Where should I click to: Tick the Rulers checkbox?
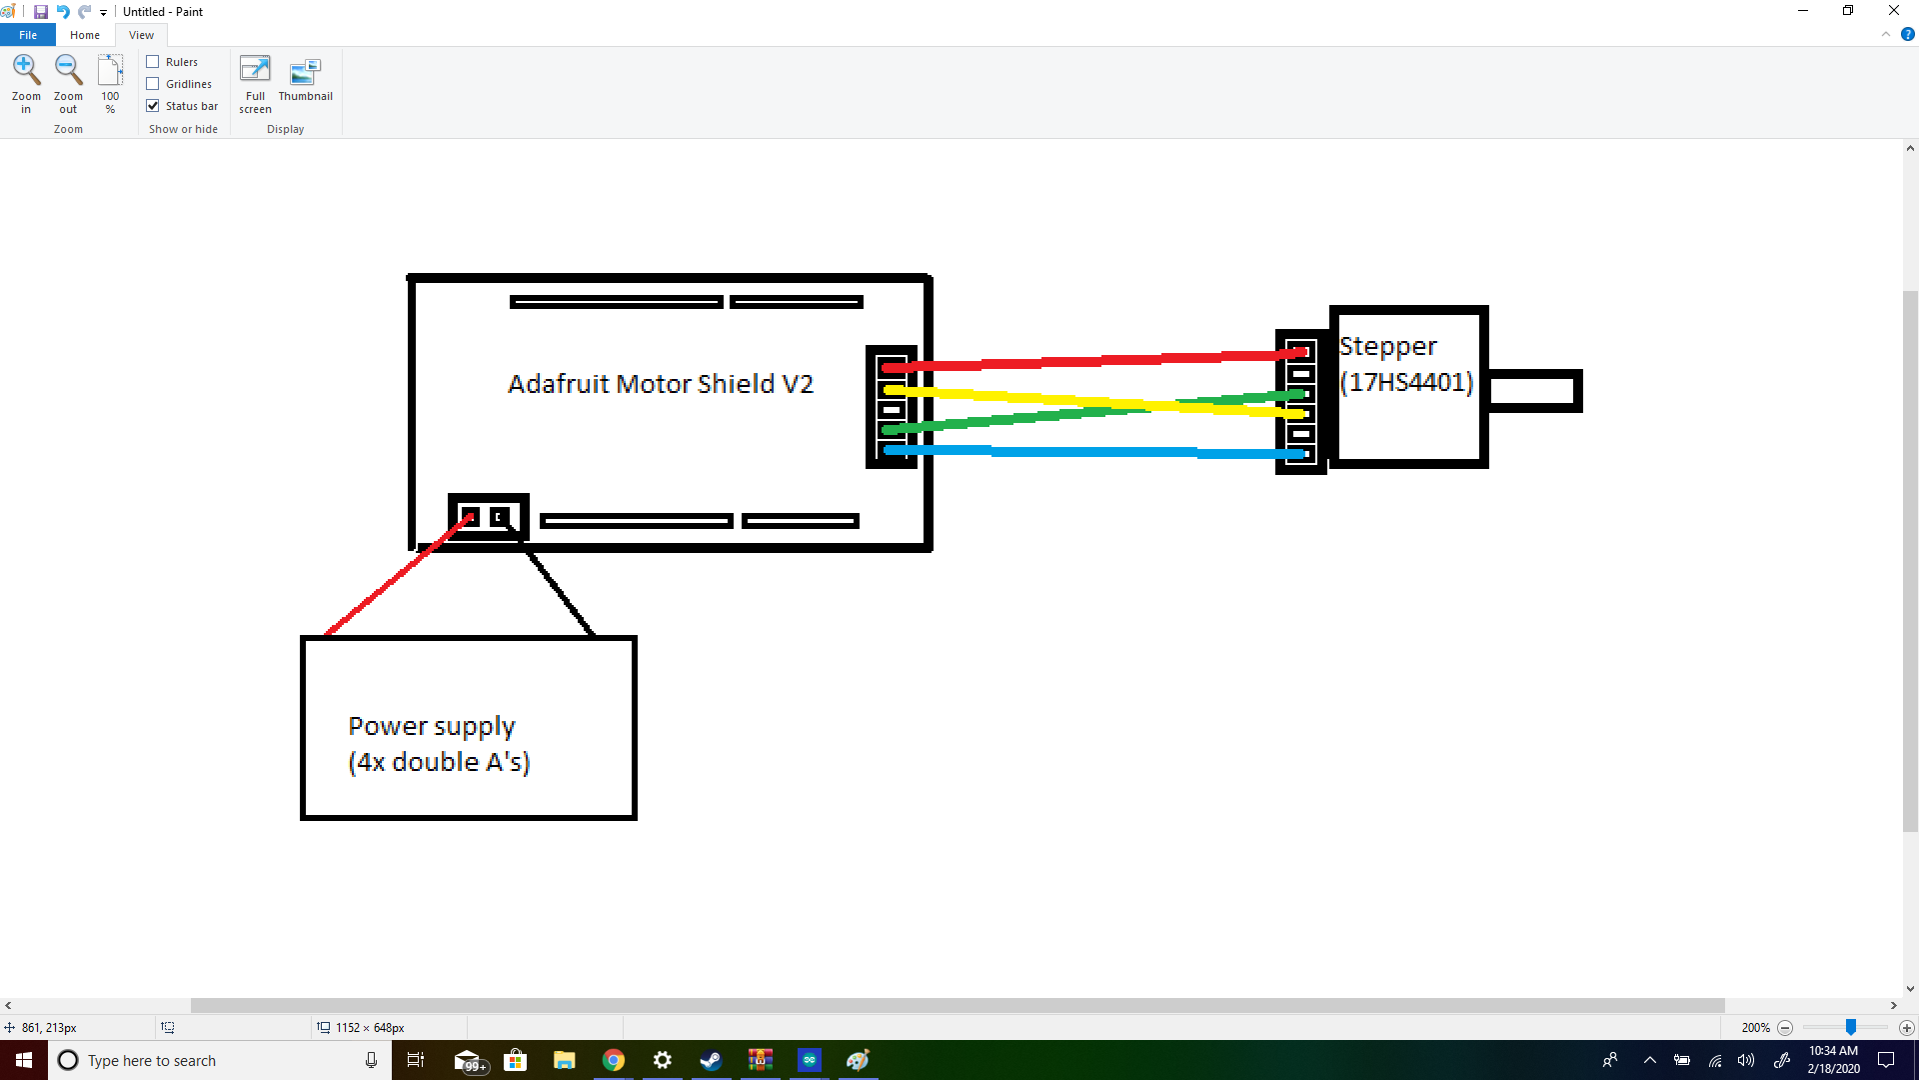pyautogui.click(x=153, y=62)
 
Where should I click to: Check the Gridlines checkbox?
pyautogui.click(x=153, y=84)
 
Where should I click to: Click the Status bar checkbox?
pyautogui.click(x=153, y=106)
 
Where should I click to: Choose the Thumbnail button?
pyautogui.click(x=305, y=80)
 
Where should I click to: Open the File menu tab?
pyautogui.click(x=28, y=35)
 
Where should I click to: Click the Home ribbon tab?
pyautogui.click(x=85, y=35)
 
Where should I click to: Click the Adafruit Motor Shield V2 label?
pyautogui.click(x=661, y=384)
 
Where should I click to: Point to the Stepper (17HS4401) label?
pyautogui.click(x=1405, y=364)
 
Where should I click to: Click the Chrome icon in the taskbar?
pyautogui.click(x=614, y=1060)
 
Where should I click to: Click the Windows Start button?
pyautogui.click(x=24, y=1060)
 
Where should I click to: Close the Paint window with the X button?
pyautogui.click(x=1893, y=11)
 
